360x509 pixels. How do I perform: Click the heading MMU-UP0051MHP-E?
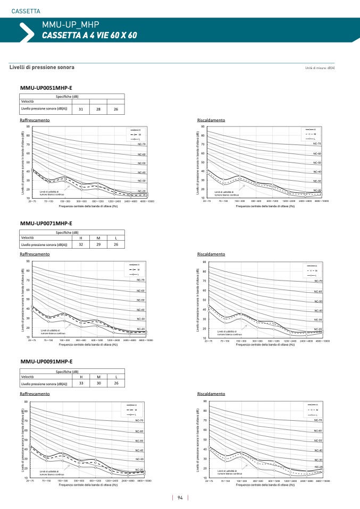point(46,88)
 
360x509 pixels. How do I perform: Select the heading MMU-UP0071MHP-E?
point(46,223)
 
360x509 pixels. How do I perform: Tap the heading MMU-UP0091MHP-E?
point(46,361)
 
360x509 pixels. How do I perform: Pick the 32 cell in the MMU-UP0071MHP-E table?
point(81,244)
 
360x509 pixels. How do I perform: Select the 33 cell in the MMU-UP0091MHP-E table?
point(81,383)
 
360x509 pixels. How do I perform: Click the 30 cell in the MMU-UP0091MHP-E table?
point(98,383)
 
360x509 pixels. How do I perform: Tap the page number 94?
point(180,498)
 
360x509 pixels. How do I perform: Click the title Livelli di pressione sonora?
point(42,67)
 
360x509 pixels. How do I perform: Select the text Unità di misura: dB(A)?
point(323,69)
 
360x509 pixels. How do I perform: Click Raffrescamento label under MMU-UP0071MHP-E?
point(35,254)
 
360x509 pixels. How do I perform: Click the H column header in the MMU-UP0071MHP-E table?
point(81,237)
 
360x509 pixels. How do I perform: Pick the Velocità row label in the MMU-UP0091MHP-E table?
point(28,376)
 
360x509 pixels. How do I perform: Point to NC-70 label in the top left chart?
point(141,144)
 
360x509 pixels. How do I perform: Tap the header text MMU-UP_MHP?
point(71,24)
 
